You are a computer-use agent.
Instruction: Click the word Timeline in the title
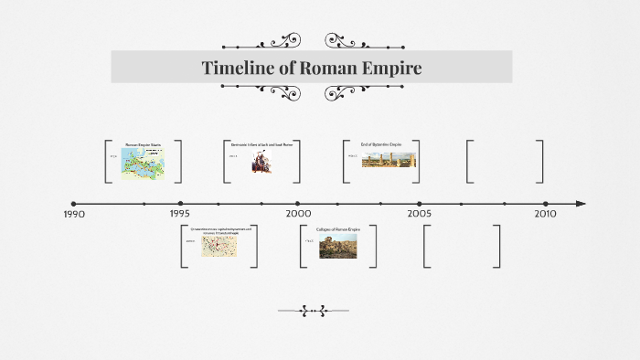238,68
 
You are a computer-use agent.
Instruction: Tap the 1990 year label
74,214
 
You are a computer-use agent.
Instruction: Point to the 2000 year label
298,213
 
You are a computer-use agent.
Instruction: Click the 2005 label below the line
420,213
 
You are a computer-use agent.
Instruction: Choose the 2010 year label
545,213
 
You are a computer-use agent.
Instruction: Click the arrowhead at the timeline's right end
581,204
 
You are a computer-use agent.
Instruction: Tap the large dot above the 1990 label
73,204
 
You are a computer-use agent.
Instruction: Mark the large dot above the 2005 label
420,204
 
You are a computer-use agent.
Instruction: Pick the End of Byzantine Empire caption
381,144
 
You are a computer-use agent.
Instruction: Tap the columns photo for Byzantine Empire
389,159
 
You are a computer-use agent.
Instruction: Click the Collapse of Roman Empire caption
338,229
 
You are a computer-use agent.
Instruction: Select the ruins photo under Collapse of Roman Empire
337,245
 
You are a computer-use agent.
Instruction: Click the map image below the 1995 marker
219,245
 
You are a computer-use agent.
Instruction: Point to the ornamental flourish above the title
312,41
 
